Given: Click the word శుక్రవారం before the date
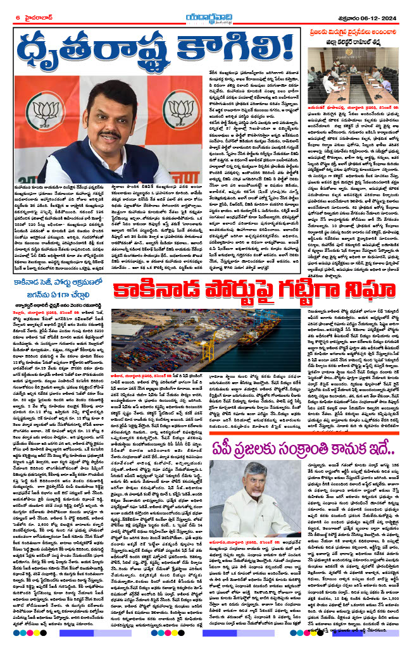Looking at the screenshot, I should coord(342,16).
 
